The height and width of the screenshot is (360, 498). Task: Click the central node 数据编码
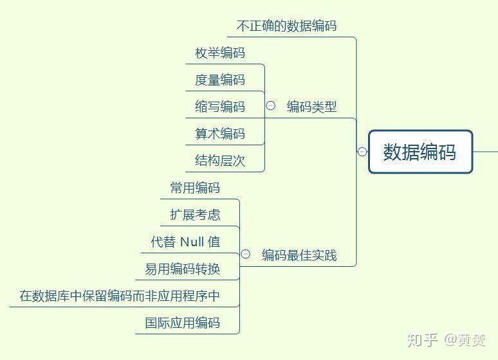point(421,152)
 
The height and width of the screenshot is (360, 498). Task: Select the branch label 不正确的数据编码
point(286,26)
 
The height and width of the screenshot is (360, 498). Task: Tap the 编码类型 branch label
point(311,107)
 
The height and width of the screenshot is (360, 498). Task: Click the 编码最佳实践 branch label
point(299,255)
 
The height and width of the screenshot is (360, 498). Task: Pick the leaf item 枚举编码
point(220,53)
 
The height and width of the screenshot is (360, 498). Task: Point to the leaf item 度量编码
point(220,80)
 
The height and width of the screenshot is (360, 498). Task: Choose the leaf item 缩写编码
point(220,107)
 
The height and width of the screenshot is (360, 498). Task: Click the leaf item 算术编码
point(220,134)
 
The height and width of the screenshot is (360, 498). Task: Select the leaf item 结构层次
point(220,161)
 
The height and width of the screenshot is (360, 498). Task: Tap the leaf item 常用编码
point(195,188)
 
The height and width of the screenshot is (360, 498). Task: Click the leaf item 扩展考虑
point(195,215)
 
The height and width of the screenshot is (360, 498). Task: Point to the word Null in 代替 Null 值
point(192,242)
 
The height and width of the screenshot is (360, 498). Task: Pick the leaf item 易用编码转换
point(183,269)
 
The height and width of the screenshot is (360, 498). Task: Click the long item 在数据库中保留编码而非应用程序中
point(120,296)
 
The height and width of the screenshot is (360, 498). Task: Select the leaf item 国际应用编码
point(183,323)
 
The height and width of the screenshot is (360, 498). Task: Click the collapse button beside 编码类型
point(271,105)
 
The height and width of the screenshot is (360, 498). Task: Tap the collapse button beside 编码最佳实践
point(246,254)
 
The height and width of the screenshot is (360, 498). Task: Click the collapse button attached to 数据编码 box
point(362,152)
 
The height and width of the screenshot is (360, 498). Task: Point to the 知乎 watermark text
point(423,340)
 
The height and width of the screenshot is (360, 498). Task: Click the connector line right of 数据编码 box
point(486,152)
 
